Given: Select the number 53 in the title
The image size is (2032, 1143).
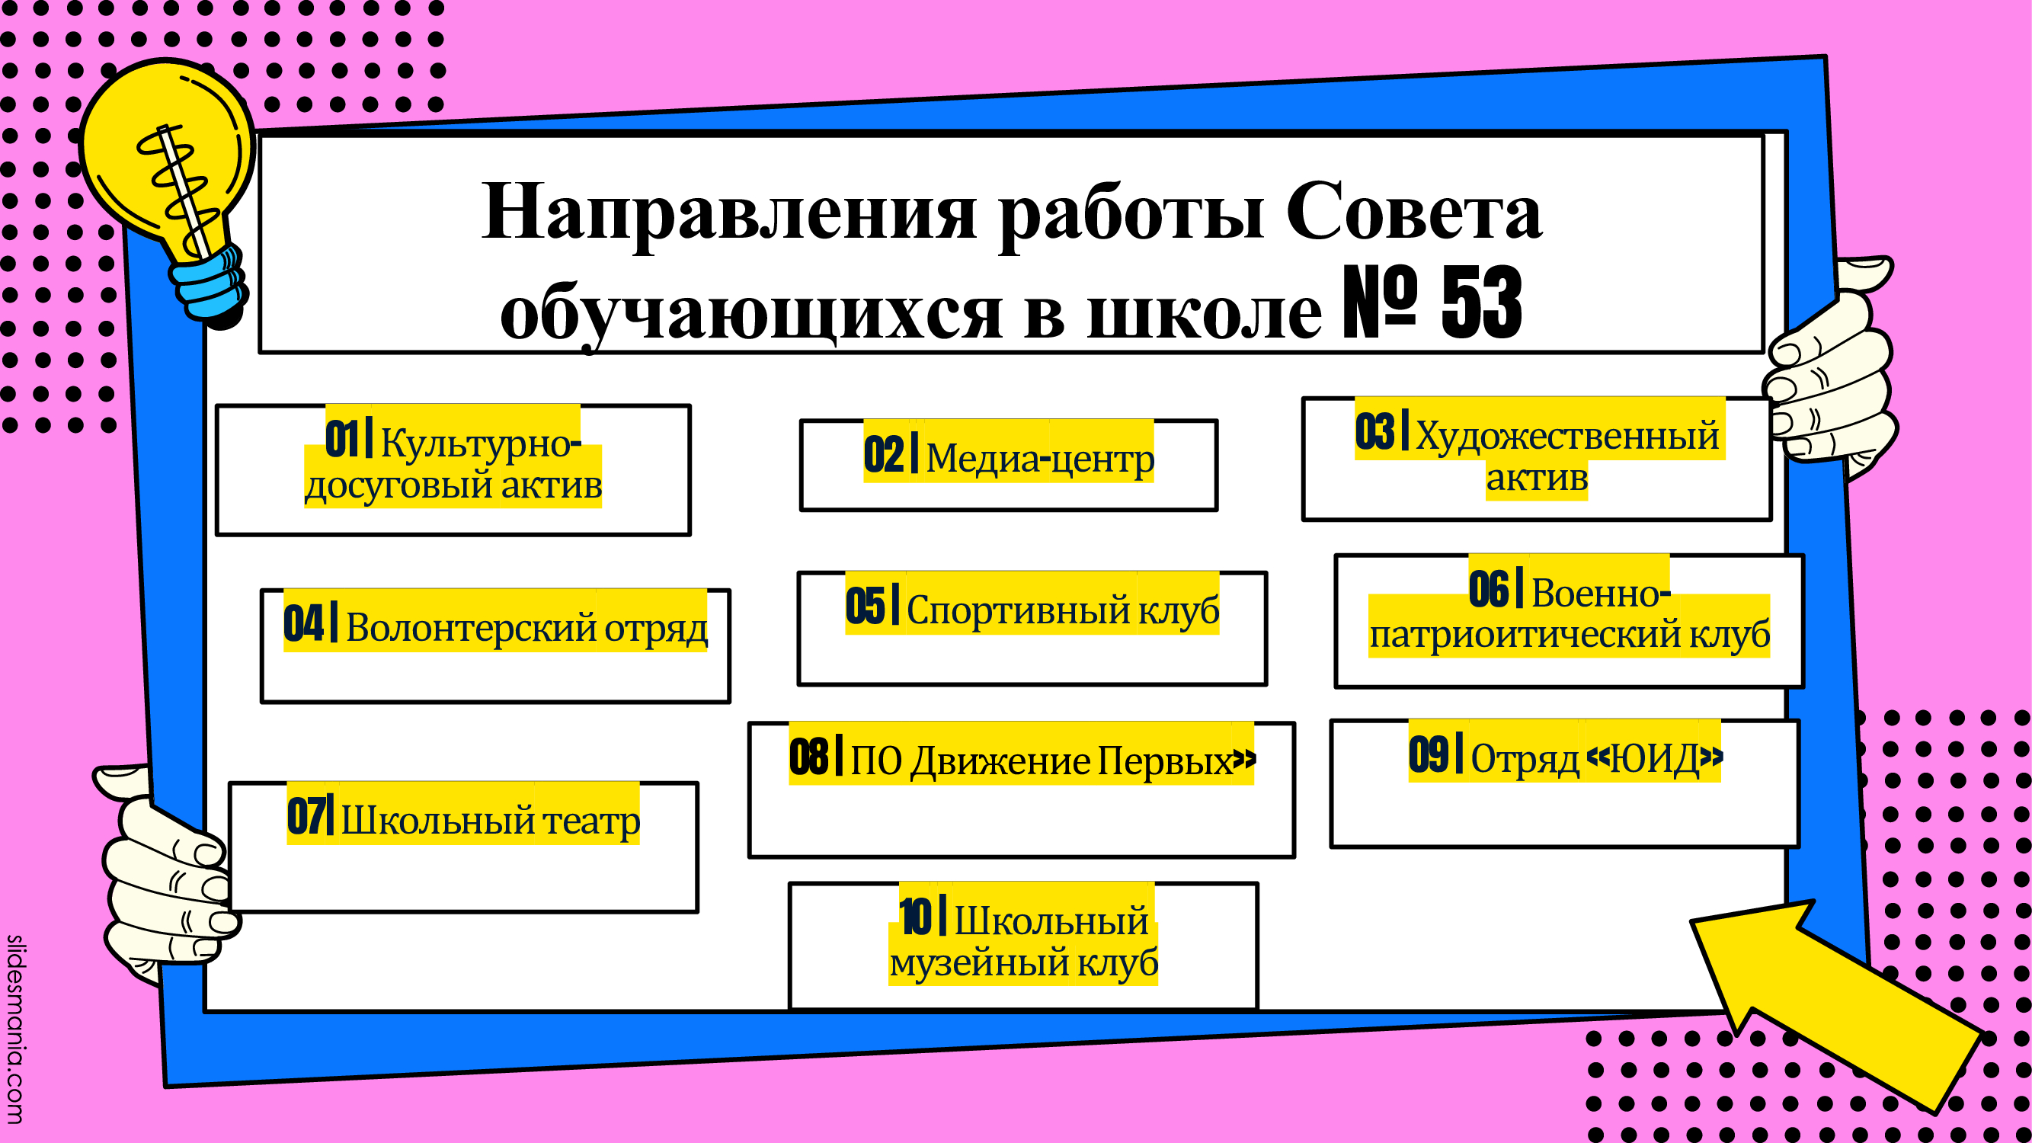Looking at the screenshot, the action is pos(1481,303).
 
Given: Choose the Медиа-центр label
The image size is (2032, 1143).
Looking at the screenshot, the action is pos(1040,458).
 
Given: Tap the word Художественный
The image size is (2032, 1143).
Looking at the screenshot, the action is pos(1566,436).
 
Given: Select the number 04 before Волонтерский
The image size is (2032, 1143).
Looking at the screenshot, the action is pos(304,623).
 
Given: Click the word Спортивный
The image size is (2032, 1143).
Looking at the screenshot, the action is pos(1019,610).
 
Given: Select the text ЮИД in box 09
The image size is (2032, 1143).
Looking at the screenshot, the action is pos(1654,759).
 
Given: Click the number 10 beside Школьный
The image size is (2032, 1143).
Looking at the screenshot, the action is pos(915,917).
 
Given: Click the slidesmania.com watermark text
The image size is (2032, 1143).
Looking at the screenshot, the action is pos(15,1029).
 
